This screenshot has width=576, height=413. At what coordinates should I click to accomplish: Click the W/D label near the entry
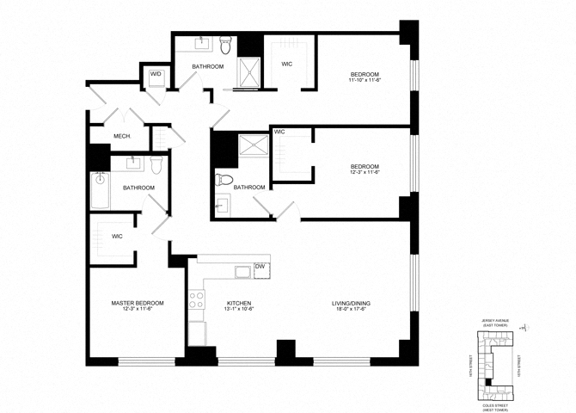[x=156, y=75]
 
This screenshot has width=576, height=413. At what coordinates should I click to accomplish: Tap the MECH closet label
[x=121, y=137]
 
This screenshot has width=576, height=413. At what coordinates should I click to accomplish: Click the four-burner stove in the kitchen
[x=197, y=300]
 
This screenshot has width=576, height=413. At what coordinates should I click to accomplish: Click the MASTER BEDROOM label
[x=138, y=303]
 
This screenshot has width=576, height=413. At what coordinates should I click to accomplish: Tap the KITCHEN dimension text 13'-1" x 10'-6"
[x=237, y=311]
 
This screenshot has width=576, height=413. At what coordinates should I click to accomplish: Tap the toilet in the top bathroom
[x=226, y=44]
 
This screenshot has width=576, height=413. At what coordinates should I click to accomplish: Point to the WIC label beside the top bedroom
[x=288, y=64]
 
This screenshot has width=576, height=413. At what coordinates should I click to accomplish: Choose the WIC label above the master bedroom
[x=117, y=236]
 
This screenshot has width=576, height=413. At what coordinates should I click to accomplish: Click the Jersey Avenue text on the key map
[x=496, y=320]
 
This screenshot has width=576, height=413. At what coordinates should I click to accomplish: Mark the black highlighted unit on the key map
[x=489, y=381]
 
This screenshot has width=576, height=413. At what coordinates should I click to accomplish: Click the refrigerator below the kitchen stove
[x=197, y=331]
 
